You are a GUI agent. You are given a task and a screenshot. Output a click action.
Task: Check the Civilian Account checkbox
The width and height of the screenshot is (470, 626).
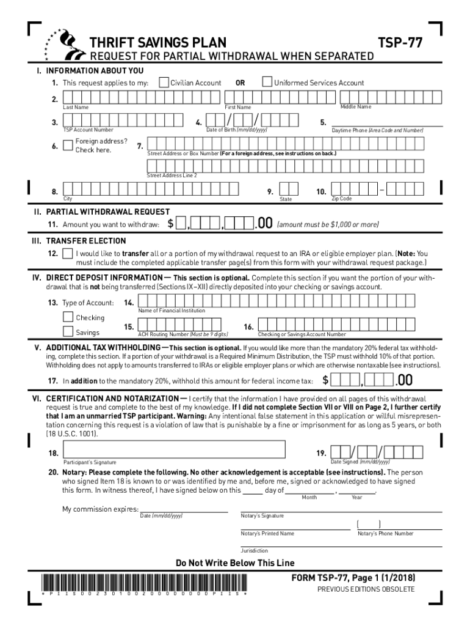point(163,83)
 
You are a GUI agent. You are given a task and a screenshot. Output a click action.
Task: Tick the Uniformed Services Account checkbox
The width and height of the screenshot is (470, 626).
point(267,83)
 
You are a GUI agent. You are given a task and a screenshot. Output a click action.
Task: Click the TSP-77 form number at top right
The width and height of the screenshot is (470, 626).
point(399,43)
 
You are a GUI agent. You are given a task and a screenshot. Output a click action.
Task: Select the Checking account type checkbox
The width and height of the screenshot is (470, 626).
point(68,317)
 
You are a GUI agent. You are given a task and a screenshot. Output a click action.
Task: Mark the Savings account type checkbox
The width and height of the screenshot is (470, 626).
point(68,332)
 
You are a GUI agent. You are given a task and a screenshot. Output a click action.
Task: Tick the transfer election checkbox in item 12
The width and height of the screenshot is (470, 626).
point(67,253)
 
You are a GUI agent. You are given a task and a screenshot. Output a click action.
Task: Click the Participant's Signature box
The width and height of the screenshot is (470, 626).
point(173,452)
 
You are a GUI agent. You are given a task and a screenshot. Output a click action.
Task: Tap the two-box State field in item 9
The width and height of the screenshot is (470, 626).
point(288,190)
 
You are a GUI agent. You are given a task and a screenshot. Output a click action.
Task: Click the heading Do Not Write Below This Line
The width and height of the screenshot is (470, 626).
point(235,563)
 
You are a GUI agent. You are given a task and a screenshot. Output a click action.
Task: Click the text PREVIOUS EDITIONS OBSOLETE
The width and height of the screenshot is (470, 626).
point(366,589)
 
